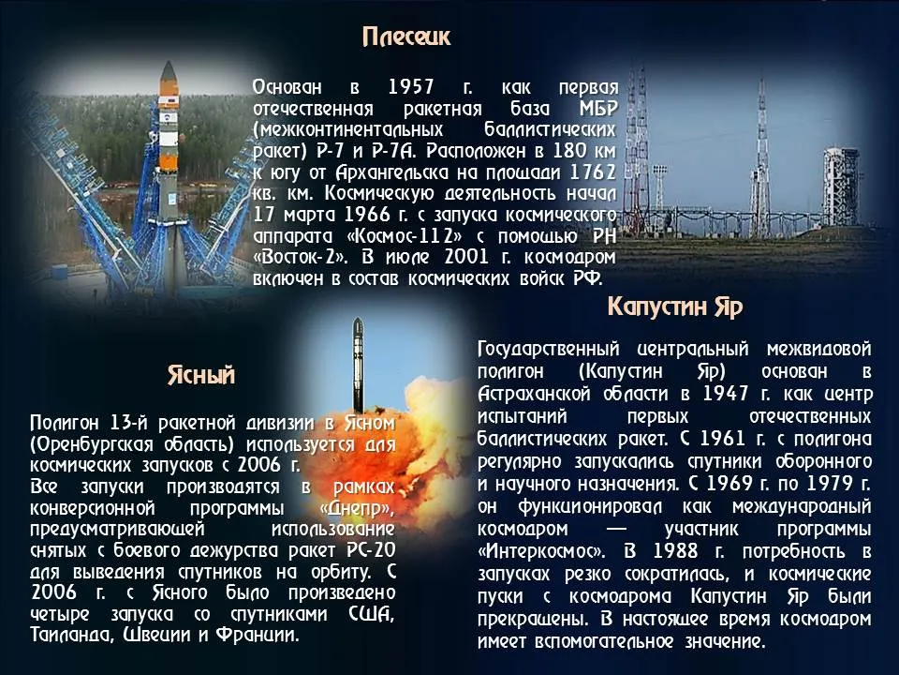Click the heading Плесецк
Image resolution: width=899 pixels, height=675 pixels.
[406, 37]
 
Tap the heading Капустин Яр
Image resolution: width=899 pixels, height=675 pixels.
[675, 307]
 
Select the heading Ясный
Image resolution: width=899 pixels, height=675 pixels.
[201, 375]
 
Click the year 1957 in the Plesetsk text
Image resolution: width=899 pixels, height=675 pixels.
[411, 87]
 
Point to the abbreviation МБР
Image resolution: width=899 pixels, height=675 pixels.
[598, 109]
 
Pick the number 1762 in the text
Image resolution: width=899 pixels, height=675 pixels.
[593, 172]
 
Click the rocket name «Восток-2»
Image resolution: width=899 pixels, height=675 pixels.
[300, 257]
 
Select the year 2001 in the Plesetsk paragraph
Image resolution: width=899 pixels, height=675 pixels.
[466, 257]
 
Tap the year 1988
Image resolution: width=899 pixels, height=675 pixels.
[675, 551]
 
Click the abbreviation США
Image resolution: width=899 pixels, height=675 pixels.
[372, 613]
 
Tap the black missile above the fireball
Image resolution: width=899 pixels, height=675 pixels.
[358, 365]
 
